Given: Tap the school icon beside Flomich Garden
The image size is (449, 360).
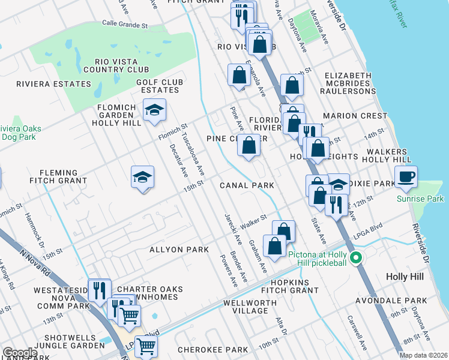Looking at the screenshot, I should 154,110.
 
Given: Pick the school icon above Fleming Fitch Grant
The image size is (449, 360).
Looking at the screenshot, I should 142,178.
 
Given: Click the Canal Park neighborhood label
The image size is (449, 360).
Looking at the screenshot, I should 246,185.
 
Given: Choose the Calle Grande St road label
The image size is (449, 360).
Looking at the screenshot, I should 125,25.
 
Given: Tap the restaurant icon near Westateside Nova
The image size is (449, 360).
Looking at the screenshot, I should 99,290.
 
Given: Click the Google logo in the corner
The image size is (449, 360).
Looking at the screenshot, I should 19,353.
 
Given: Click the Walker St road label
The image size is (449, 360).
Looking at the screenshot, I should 253,223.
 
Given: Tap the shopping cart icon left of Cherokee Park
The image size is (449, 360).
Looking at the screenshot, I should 146,346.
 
